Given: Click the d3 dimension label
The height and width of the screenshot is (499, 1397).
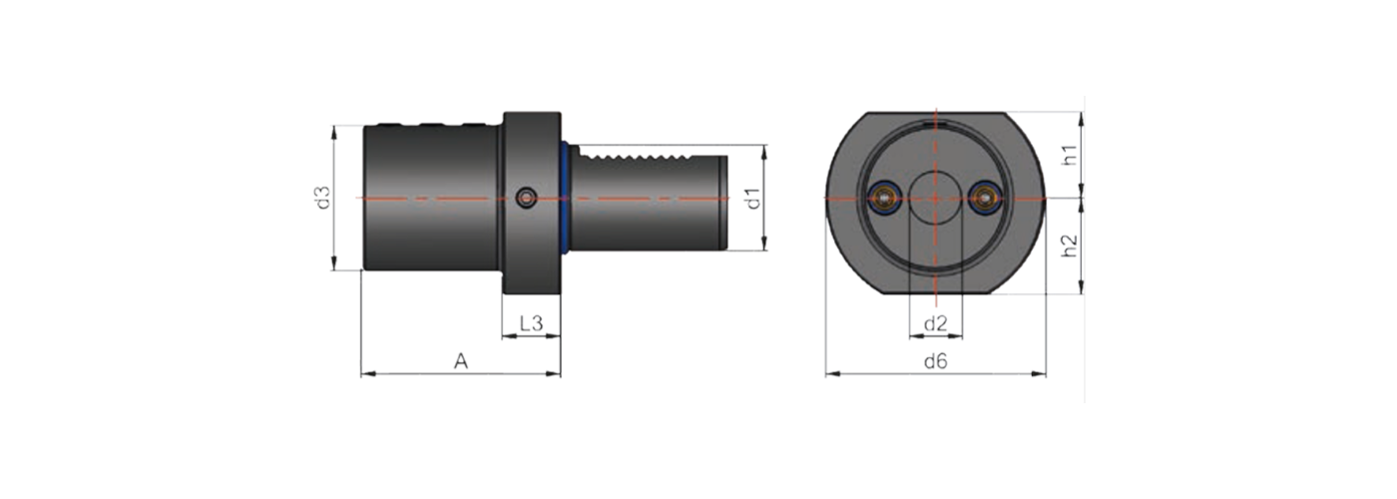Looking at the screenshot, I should [321, 198].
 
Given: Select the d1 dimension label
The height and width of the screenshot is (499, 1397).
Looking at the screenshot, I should [754, 198].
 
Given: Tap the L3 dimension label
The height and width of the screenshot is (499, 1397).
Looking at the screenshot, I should [531, 323].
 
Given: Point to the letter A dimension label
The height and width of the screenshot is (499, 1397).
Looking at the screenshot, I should [461, 361].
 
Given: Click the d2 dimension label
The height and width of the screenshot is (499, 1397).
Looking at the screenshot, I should [935, 323].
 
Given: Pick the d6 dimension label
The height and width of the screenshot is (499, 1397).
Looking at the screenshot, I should [935, 361].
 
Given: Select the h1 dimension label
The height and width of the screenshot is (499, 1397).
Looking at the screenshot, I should [1070, 155].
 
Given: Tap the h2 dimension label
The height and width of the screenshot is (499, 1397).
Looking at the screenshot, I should [1070, 247].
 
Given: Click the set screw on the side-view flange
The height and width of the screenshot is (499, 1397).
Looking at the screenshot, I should [527, 199].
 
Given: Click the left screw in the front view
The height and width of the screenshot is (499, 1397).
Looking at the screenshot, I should [883, 199].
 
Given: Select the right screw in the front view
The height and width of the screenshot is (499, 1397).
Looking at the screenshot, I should [987, 199].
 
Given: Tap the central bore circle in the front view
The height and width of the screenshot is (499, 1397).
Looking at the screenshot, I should [935, 199].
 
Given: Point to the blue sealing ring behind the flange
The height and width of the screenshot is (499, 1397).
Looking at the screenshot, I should [566, 199].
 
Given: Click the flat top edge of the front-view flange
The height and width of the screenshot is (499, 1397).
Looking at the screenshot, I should [935, 113].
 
